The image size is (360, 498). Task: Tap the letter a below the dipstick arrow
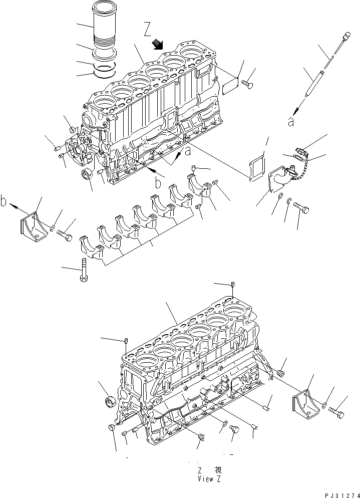point(290,123)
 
